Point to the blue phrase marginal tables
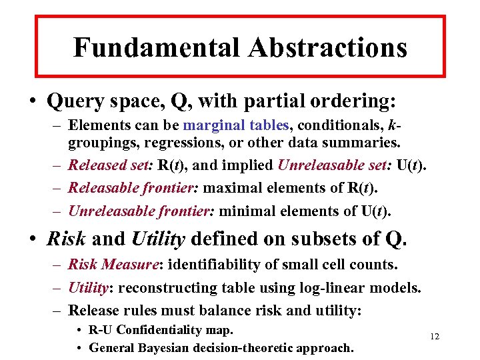click(x=236, y=125)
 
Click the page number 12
click(x=435, y=337)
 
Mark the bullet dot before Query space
click(x=31, y=102)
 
